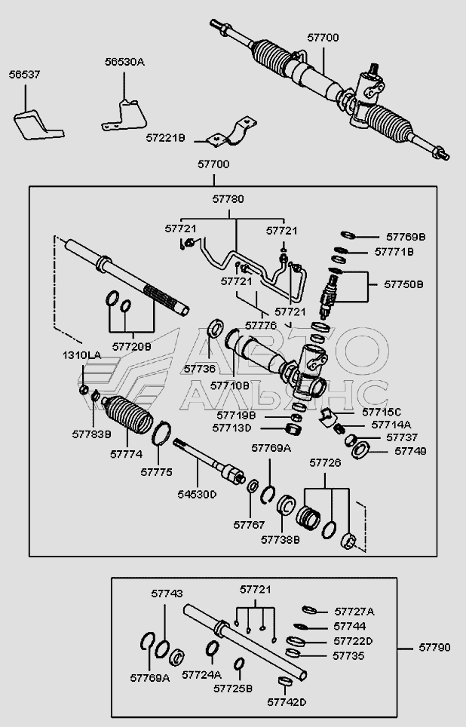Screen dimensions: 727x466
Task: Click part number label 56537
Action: click(x=26, y=75)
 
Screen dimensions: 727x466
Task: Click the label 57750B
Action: click(x=404, y=284)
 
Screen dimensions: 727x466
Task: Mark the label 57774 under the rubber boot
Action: click(x=126, y=454)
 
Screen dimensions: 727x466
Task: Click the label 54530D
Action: click(x=197, y=494)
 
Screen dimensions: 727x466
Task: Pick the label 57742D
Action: click(x=287, y=702)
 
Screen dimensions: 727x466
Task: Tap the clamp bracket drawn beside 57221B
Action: click(x=233, y=133)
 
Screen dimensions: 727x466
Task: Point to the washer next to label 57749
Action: click(x=360, y=450)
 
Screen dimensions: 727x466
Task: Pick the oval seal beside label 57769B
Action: click(x=348, y=235)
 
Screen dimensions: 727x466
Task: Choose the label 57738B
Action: click(x=281, y=540)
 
